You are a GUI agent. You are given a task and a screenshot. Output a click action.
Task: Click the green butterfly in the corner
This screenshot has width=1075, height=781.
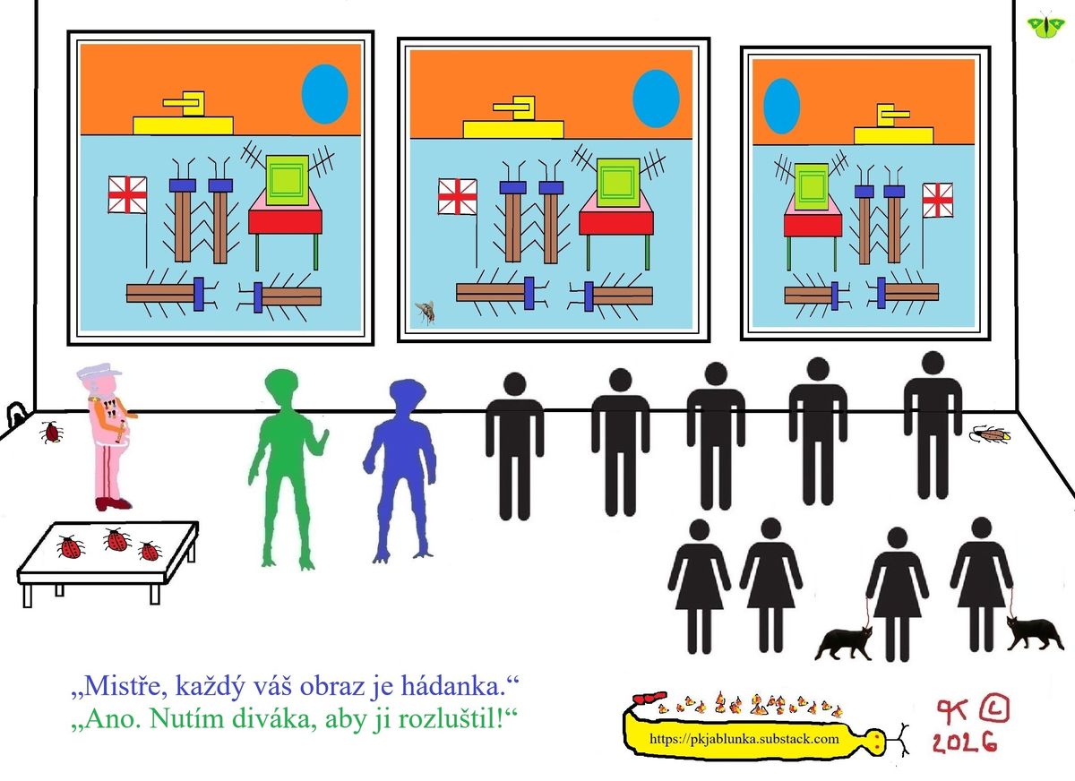tap(1042, 25)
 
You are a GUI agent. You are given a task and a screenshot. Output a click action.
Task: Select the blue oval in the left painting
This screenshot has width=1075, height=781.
tap(324, 94)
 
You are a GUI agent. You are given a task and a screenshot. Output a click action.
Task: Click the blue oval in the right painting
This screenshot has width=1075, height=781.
tap(781, 106)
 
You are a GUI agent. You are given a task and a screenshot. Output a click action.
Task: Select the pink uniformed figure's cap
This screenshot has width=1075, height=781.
tap(96, 373)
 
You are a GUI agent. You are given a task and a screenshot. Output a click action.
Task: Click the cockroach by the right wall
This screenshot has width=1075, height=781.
tap(990, 434)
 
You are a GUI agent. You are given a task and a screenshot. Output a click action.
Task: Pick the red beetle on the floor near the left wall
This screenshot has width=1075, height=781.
tap(52, 433)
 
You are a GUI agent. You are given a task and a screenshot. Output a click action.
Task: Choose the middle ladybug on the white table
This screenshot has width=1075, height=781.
tap(116, 540)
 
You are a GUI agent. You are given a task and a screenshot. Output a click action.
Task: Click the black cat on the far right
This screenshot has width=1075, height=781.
tap(1035, 633)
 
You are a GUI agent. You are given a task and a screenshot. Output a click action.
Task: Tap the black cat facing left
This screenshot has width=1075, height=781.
tap(844, 642)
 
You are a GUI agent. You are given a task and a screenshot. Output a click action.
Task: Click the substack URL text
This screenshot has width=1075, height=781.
tap(744, 739)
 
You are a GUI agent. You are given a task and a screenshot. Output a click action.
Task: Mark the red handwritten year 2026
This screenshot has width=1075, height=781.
tap(963, 742)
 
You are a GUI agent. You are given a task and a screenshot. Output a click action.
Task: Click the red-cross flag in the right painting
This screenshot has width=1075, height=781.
tap(937, 200)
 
